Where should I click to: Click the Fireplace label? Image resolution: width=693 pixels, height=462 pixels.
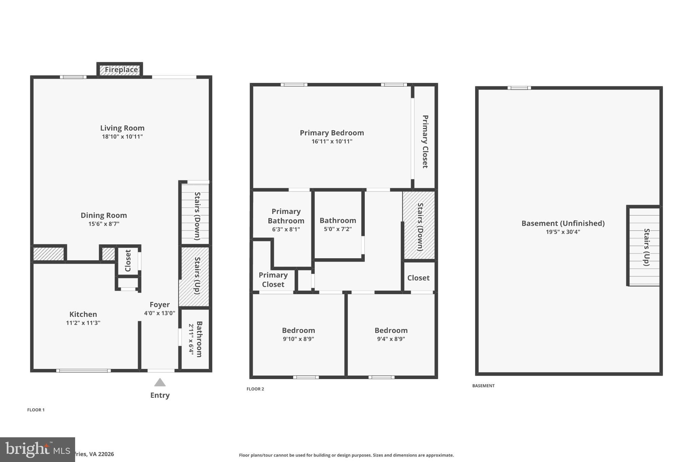coord(121,70)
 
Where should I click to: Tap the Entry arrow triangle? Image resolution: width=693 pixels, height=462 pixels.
coord(160,382)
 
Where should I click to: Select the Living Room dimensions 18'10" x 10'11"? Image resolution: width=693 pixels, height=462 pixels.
coord(122,137)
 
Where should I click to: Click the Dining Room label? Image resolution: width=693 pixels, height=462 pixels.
coord(104,215)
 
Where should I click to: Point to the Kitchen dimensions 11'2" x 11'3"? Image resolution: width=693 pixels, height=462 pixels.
coord(83,323)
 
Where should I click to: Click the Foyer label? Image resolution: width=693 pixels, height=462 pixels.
coord(160,304)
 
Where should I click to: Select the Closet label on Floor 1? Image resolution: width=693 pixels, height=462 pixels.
coord(128,261)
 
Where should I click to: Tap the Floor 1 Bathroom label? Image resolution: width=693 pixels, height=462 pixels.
coord(199,339)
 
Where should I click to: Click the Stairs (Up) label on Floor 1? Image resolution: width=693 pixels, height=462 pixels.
coord(198,276)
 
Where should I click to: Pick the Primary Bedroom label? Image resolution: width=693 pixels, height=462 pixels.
coord(332,133)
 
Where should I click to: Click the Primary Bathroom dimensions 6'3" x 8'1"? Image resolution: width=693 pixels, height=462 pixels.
coord(286,229)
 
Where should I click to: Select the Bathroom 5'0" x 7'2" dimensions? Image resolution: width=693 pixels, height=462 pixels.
coord(338,229)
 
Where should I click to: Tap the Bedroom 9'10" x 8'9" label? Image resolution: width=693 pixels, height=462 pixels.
coord(298,330)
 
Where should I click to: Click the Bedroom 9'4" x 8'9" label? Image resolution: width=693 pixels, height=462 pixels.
coord(391,330)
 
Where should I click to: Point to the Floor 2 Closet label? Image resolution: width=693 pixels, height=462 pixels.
coord(418,278)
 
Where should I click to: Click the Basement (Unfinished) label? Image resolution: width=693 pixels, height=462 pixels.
coord(563,223)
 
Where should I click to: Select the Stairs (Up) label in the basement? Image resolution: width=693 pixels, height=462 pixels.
coord(646,247)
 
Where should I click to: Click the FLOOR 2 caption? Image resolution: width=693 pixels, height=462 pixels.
coord(255,389)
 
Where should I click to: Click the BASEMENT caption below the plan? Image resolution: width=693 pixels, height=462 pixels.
coord(483,386)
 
